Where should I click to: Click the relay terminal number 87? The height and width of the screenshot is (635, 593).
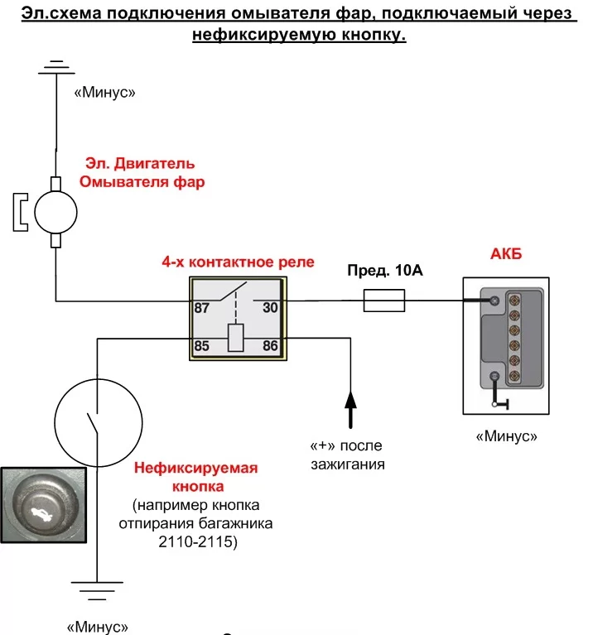202,308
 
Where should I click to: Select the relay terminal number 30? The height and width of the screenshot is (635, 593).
270,308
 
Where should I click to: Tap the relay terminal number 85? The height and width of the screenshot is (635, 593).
202,346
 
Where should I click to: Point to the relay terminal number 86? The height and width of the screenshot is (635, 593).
270,346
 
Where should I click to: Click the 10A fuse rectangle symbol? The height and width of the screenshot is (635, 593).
384,301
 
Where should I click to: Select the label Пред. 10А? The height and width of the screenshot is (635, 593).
385,271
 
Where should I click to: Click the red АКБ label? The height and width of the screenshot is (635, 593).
506,254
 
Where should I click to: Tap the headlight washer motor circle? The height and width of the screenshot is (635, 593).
55,212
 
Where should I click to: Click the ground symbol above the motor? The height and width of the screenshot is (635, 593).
56,68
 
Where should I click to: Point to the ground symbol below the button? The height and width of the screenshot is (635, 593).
97,591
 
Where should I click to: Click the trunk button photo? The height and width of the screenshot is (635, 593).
44,505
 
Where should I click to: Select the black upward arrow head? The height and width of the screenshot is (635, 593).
350,399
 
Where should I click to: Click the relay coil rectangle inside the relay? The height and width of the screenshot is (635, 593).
236,338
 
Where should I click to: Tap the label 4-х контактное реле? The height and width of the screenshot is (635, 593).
239,262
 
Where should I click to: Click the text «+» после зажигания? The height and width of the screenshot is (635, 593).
347,455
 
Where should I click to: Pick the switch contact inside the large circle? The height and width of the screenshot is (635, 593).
93,423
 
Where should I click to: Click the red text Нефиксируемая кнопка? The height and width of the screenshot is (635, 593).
196,477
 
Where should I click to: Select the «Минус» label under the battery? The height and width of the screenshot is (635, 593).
506,436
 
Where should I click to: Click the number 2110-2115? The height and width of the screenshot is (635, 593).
198,541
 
